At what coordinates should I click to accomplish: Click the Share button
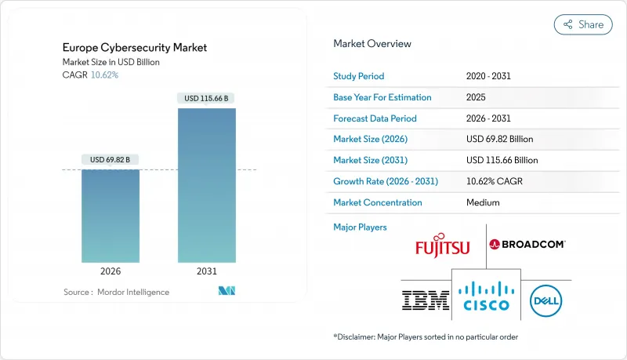583,24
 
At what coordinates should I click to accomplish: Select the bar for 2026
111,216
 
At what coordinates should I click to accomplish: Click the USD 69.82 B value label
111,159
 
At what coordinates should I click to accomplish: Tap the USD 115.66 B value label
207,98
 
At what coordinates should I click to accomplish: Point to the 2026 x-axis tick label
111,271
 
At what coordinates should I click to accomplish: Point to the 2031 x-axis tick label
207,271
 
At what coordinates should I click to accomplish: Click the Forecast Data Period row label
375,118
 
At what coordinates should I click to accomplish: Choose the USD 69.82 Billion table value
499,139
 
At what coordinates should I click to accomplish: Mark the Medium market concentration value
484,202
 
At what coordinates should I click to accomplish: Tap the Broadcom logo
527,244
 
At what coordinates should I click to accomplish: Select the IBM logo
425,299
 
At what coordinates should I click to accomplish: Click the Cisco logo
485,296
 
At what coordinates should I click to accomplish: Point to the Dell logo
545,300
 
